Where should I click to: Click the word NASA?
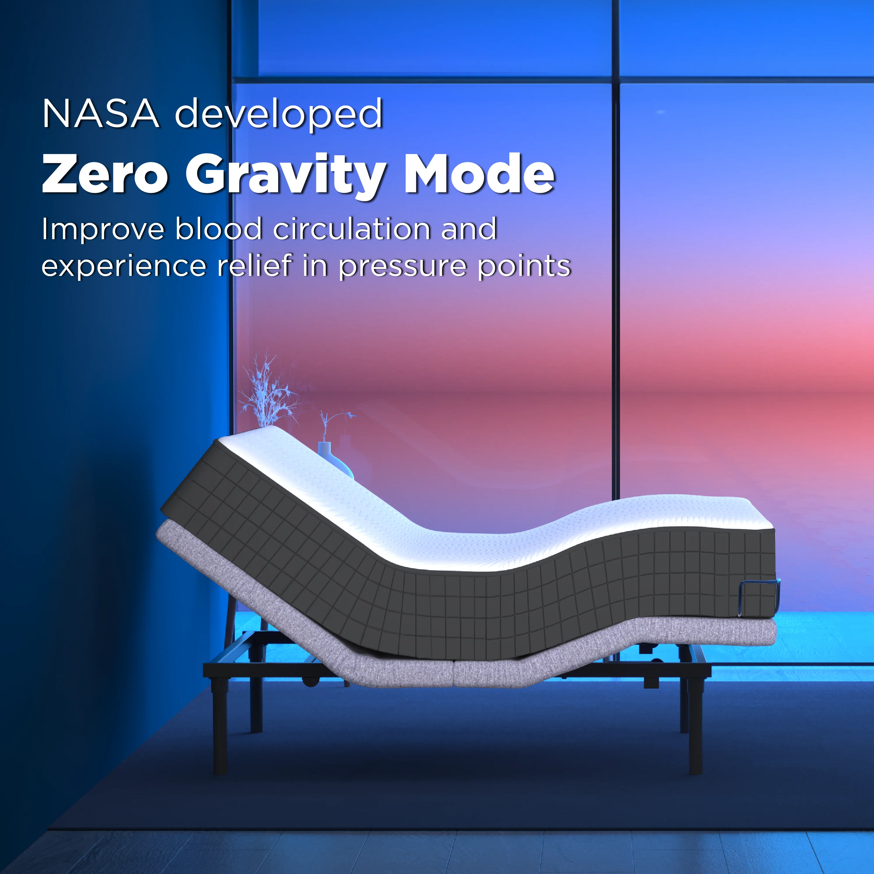[101, 114]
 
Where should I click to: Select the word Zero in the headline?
[105, 174]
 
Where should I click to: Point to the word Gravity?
[286, 177]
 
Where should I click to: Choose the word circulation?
[353, 228]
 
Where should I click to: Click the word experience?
[124, 267]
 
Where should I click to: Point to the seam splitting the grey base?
[453, 673]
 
